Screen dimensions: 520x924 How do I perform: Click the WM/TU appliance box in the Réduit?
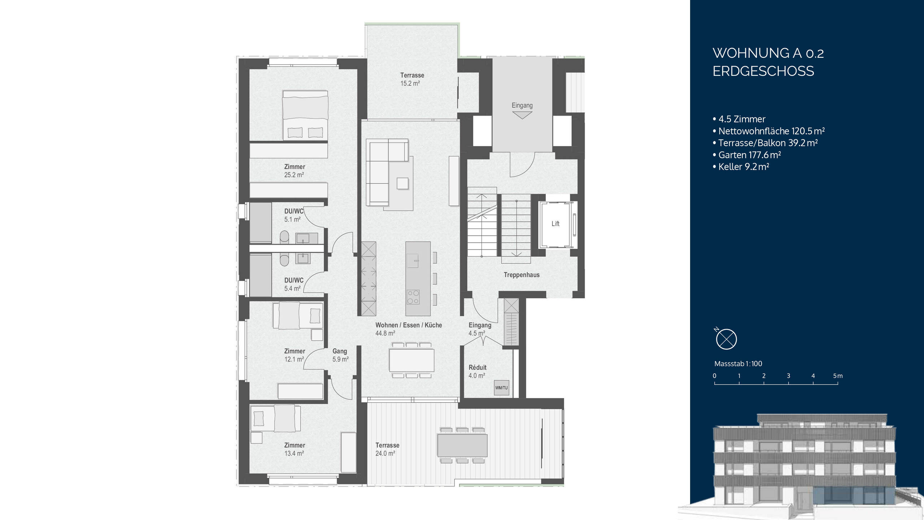[x=501, y=387]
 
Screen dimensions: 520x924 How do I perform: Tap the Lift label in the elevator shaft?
[x=555, y=224]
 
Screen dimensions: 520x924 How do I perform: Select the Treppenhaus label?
[x=522, y=275]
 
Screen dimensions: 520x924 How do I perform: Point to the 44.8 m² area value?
[x=385, y=333]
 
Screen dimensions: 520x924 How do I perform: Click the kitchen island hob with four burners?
[x=413, y=297]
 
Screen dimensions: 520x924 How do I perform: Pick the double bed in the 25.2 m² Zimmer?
[x=305, y=115]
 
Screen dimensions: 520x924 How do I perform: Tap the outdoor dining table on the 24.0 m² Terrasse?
[x=462, y=445]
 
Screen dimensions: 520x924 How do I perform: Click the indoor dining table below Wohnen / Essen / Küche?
[x=411, y=360]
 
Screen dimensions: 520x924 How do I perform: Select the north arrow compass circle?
[x=726, y=339]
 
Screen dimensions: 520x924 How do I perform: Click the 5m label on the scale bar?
[x=838, y=376]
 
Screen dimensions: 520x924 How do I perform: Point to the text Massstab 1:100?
[x=738, y=364]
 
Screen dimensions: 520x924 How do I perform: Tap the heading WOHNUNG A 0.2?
[x=768, y=53]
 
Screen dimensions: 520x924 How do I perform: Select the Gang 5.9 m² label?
[x=340, y=355]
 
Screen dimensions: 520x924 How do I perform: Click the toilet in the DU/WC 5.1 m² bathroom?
[x=284, y=237]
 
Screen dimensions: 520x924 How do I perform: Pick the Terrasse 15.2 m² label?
[x=411, y=79]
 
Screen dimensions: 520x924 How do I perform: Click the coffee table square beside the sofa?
[x=402, y=183]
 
